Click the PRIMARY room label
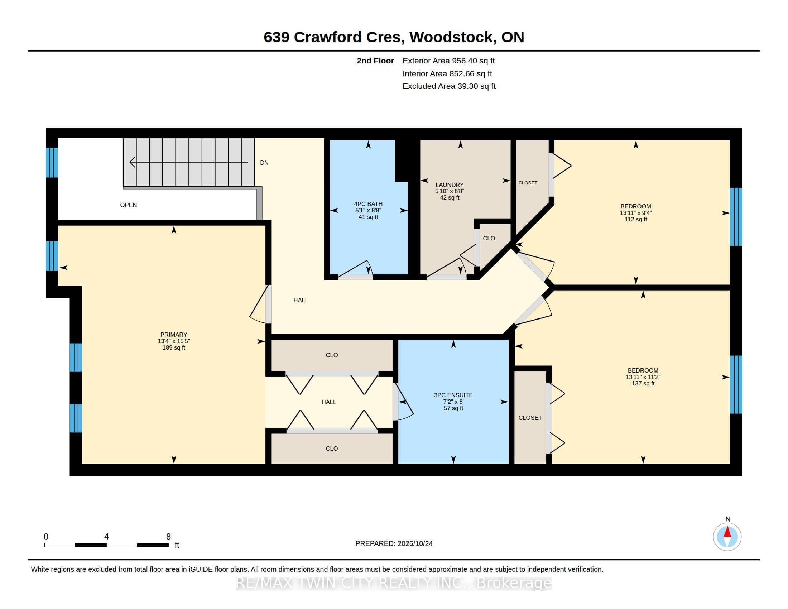click(174, 335)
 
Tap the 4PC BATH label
click(368, 204)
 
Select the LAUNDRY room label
click(449, 185)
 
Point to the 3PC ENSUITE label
click(453, 395)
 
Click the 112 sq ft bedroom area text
click(636, 219)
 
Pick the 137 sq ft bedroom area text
click(643, 383)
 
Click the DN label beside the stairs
click(264, 163)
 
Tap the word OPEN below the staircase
click(129, 205)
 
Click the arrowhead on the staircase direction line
click(133, 162)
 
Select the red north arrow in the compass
click(727, 532)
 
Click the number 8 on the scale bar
click(168, 537)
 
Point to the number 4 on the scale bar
click(106, 537)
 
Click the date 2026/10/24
click(414, 543)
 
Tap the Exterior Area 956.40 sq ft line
click(448, 61)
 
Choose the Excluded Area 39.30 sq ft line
click(449, 86)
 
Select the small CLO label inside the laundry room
click(489, 238)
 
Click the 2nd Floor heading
click(375, 61)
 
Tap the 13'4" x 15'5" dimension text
click(174, 341)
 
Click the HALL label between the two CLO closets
click(329, 402)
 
